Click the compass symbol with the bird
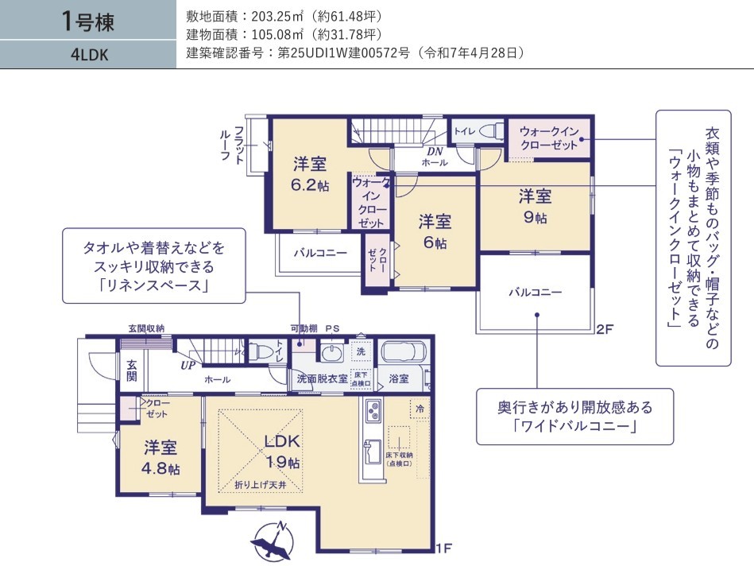tap(273, 541)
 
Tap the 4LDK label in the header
tap(90, 55)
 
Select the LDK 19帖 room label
tap(282, 451)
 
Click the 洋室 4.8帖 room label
tap(160, 457)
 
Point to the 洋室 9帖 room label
tap(536, 206)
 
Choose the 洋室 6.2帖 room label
tap(310, 174)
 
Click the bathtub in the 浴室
tap(404, 352)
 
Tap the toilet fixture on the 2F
tap(490, 130)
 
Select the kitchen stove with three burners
tap(373, 410)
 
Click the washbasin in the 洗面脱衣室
tap(331, 353)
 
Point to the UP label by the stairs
tap(188, 366)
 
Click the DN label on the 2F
tap(435, 152)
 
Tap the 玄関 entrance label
tap(132, 370)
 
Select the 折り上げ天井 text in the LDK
tap(260, 485)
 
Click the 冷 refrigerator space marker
tap(420, 409)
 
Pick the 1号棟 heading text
tap(88, 21)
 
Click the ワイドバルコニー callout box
tap(574, 417)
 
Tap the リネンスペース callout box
tap(154, 266)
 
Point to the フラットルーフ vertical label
tap(232, 145)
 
